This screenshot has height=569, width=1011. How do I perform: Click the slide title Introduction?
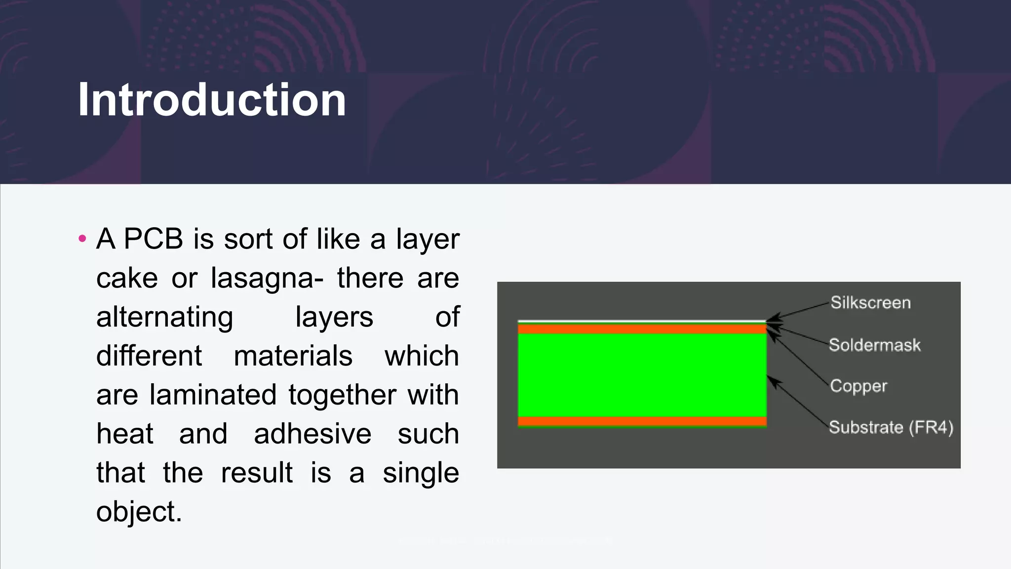[x=212, y=100]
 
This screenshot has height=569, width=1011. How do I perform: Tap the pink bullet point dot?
[x=82, y=239]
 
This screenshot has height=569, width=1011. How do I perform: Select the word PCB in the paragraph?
[x=153, y=239]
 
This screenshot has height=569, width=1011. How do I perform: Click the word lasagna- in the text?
[x=267, y=278]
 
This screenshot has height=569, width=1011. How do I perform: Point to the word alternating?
[x=164, y=317]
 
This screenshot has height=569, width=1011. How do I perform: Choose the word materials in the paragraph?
[x=293, y=356]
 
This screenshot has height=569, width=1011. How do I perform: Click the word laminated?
[x=213, y=395]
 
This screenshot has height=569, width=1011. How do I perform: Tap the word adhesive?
[x=312, y=434]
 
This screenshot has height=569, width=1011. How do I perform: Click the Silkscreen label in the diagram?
[x=870, y=302]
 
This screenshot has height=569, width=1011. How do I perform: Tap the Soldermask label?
[x=874, y=345]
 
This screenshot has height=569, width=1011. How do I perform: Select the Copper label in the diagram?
[x=858, y=386]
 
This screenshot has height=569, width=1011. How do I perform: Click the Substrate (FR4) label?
[x=891, y=427]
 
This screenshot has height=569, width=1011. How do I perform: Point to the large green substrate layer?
[x=642, y=375]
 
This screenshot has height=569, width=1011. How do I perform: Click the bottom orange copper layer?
[x=642, y=421]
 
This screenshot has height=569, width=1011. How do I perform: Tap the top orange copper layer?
[x=642, y=329]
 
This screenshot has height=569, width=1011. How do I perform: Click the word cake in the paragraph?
[x=127, y=278]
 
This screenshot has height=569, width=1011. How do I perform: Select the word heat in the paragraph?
[x=125, y=434]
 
